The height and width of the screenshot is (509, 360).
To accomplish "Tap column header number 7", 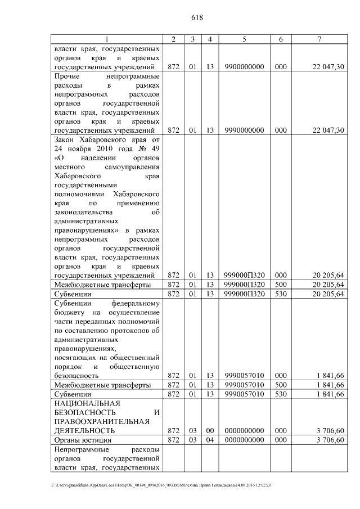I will pos(319,39).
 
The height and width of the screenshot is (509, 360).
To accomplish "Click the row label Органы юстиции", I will pos(82,439).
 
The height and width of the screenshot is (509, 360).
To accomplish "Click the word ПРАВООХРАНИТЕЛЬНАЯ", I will pos(101,421).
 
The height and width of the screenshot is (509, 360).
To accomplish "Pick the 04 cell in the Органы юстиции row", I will pos(210,439).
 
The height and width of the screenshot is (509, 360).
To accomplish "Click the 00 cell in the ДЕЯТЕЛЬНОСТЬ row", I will pos(210,430).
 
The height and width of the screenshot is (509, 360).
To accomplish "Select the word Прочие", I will pos(67,75).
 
